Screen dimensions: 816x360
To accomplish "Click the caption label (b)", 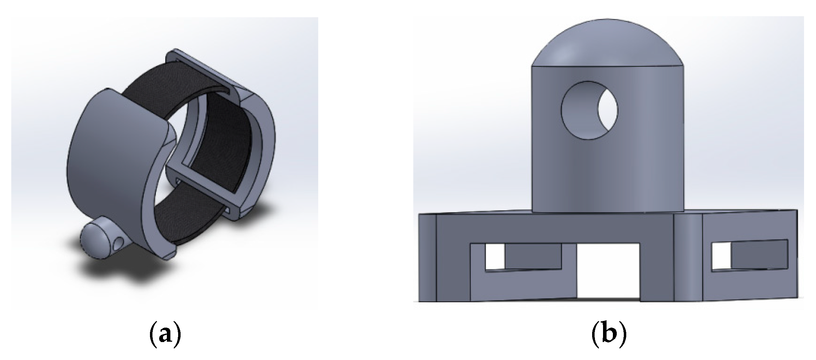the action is [x=609, y=336].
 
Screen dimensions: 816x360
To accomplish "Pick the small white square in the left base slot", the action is [x=495, y=256].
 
